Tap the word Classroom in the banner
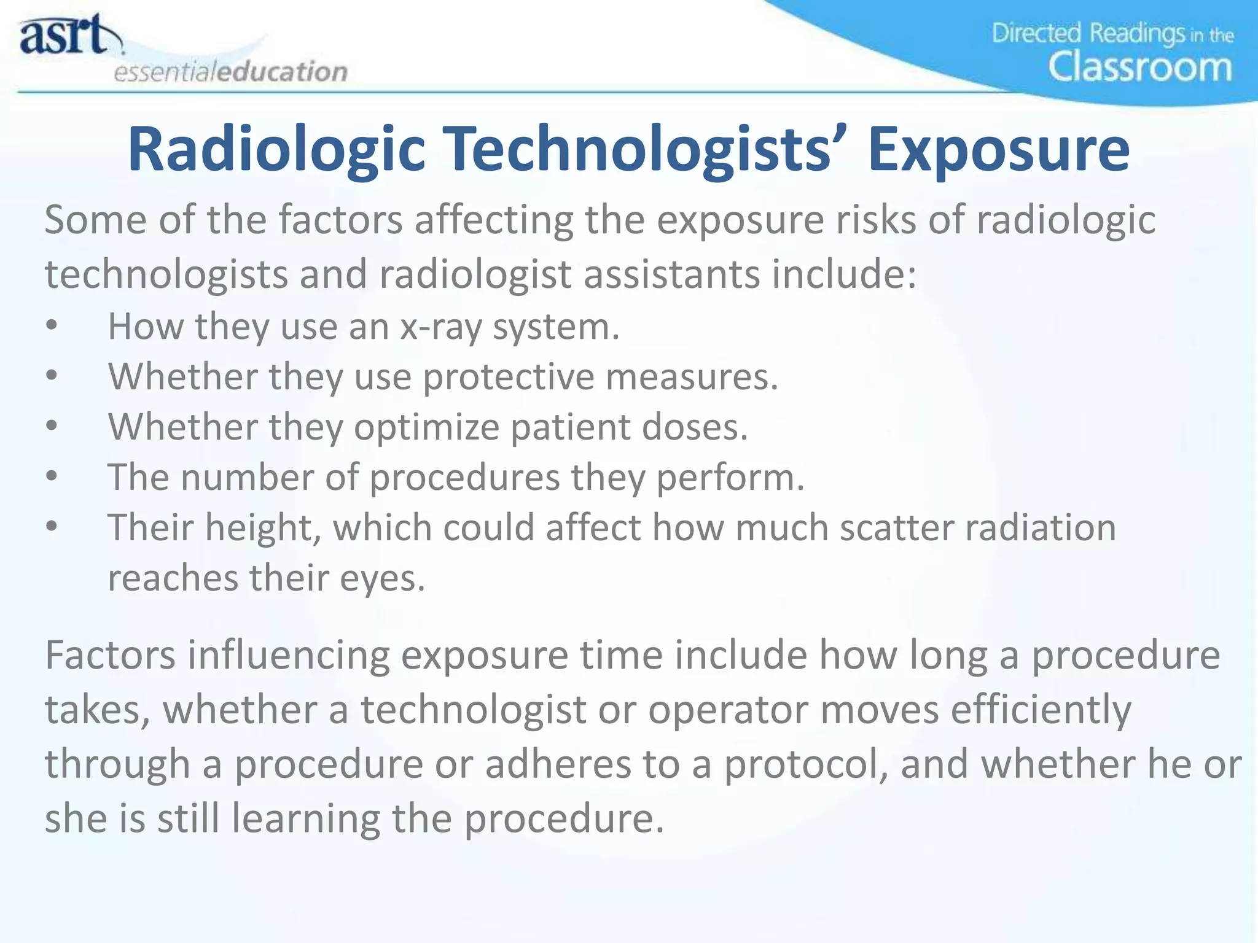point(1140,67)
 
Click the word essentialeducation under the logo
point(231,72)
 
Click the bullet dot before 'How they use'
point(52,327)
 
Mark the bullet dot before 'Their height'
point(52,527)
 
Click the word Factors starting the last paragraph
point(111,655)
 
